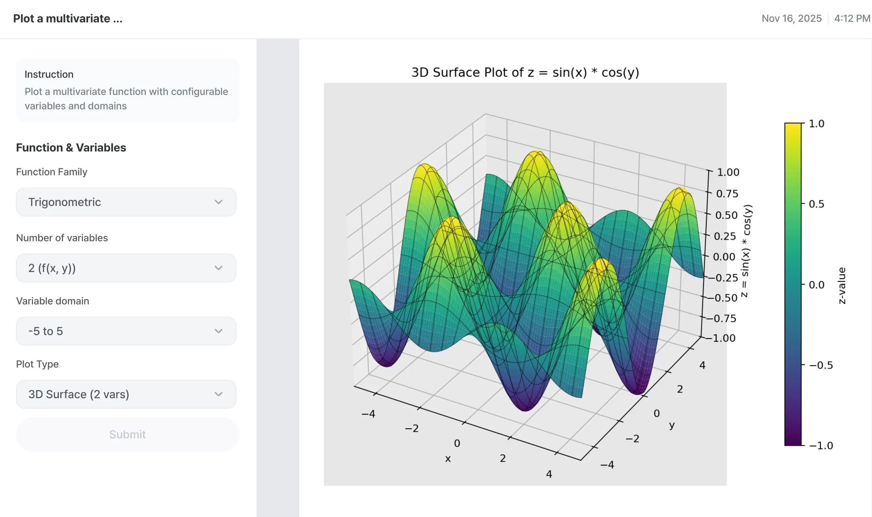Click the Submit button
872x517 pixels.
click(x=127, y=434)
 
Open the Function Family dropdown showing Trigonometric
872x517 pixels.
click(x=126, y=202)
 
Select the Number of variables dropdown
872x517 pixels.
click(x=126, y=268)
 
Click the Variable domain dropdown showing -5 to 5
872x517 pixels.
click(x=126, y=331)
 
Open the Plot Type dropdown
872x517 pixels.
click(x=126, y=394)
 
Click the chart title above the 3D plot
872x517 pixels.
click(x=525, y=73)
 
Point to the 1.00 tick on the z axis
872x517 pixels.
click(x=728, y=172)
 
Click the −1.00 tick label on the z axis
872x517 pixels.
click(x=722, y=338)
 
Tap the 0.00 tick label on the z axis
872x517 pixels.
click(x=724, y=257)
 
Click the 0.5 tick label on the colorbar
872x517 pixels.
click(x=816, y=204)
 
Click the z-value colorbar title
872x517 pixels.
click(x=842, y=285)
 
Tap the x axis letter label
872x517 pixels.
click(x=448, y=459)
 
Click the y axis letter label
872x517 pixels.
click(x=672, y=425)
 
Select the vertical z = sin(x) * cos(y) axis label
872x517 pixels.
click(x=747, y=251)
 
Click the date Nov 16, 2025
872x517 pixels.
click(x=791, y=19)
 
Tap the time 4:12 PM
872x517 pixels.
click(x=852, y=19)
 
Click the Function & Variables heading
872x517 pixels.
click(x=71, y=148)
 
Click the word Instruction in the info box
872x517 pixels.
click(x=49, y=74)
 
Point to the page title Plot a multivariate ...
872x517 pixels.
click(x=68, y=19)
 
